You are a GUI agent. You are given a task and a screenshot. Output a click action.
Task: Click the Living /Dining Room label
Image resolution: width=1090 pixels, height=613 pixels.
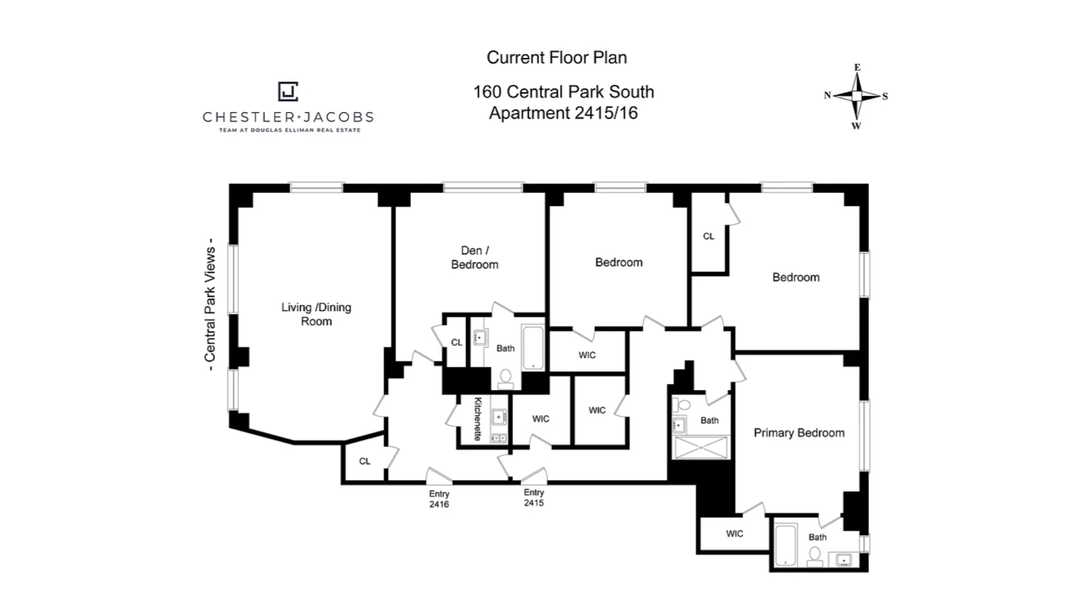[x=316, y=314]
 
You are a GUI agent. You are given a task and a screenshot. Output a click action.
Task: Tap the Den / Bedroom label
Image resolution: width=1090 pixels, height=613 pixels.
[x=475, y=257]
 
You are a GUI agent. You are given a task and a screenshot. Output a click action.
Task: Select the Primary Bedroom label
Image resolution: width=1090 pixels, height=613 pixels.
[x=799, y=433]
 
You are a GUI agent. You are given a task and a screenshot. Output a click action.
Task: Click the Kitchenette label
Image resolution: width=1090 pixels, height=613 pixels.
[x=478, y=419]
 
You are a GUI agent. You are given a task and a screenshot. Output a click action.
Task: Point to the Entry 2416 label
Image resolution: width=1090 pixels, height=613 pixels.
[x=439, y=499]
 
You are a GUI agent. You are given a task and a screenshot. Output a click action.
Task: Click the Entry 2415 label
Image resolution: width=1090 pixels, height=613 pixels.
[x=534, y=498]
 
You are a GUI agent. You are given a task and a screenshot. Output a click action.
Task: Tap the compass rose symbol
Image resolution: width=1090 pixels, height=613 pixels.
[x=857, y=96]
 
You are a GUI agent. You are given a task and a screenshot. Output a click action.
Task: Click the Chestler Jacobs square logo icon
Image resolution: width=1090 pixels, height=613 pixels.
[x=288, y=91]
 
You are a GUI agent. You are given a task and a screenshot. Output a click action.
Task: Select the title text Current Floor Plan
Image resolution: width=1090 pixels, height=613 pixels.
[x=556, y=57]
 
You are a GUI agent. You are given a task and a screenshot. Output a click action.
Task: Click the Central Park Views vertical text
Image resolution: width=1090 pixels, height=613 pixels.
[x=209, y=304]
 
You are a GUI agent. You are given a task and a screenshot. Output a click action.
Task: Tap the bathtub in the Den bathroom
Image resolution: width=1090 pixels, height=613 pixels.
[x=533, y=347]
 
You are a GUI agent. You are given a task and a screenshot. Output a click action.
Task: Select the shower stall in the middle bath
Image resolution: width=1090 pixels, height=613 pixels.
[x=701, y=447]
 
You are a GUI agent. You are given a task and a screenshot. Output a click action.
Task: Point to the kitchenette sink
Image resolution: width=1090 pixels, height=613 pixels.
[x=498, y=418]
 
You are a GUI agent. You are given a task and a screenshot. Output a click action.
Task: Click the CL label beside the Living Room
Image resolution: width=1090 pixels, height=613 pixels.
[x=364, y=461]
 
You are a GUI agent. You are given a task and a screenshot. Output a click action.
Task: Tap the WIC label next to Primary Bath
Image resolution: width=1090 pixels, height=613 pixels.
[x=734, y=534]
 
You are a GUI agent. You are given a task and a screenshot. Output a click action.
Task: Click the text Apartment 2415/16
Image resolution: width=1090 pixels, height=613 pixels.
[x=563, y=113]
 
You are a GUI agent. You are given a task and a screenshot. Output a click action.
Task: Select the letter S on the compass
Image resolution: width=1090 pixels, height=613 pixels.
[x=884, y=96]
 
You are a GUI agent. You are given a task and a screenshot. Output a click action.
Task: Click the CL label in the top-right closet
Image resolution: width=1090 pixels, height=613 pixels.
[x=708, y=236]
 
